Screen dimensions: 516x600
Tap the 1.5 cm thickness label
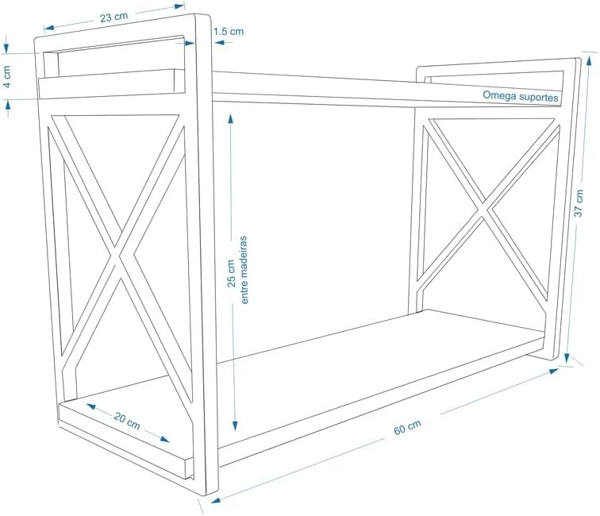(x=229, y=32)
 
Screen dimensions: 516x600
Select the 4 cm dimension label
(x=7, y=77)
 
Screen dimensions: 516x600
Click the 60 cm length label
(x=407, y=427)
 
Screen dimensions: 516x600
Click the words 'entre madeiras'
(x=245, y=269)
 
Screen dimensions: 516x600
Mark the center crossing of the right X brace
(x=488, y=212)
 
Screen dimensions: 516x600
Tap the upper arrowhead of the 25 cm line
(x=230, y=116)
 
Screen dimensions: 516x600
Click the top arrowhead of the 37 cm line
(x=588, y=55)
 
